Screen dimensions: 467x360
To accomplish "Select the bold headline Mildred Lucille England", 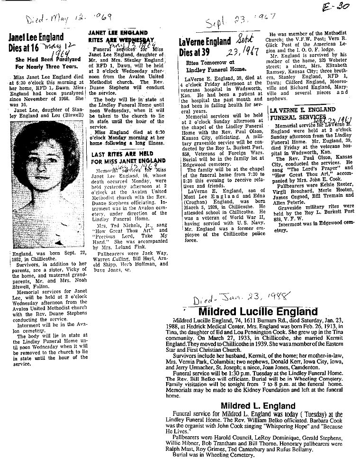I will coord(257,312).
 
